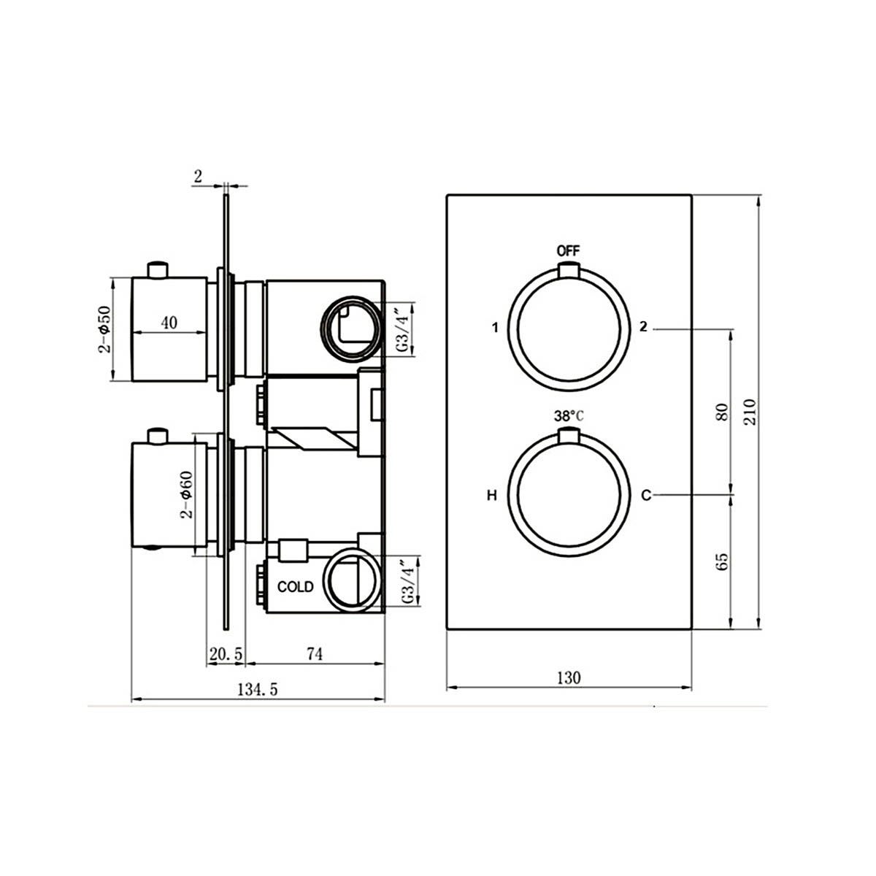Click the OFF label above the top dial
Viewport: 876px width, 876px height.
click(x=568, y=250)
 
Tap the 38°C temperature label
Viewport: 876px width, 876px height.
click(x=569, y=416)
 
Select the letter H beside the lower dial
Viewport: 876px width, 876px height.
click(x=492, y=496)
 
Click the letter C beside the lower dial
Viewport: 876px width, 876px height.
click(x=645, y=496)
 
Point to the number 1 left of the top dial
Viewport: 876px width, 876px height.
click(x=495, y=328)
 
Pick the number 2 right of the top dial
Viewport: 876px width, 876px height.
click(x=642, y=327)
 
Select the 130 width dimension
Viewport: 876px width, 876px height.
click(x=569, y=677)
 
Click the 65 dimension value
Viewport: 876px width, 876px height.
click(x=723, y=561)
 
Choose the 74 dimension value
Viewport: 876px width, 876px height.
click(x=314, y=654)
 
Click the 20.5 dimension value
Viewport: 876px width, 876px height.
click(x=226, y=654)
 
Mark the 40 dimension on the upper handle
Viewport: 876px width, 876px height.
click(x=169, y=322)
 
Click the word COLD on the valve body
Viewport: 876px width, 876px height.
click(x=295, y=587)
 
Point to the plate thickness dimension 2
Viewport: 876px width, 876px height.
click(x=199, y=175)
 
